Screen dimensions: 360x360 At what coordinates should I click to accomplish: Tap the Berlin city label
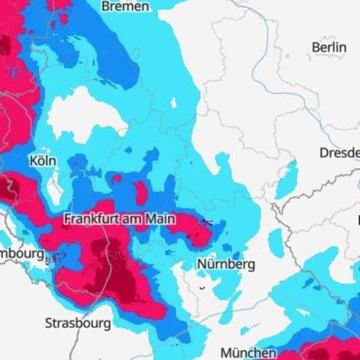[328, 47]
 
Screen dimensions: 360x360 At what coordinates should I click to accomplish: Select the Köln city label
[42, 160]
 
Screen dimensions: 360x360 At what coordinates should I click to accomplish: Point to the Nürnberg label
[226, 264]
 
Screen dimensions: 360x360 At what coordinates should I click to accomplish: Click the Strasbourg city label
[78, 323]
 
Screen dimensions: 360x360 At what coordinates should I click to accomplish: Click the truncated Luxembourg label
[21, 253]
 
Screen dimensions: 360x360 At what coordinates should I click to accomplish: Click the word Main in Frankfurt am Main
[159, 219]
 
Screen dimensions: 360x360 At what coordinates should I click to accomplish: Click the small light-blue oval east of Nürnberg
[277, 241]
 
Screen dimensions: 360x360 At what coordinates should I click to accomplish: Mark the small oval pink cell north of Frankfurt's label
[140, 192]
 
